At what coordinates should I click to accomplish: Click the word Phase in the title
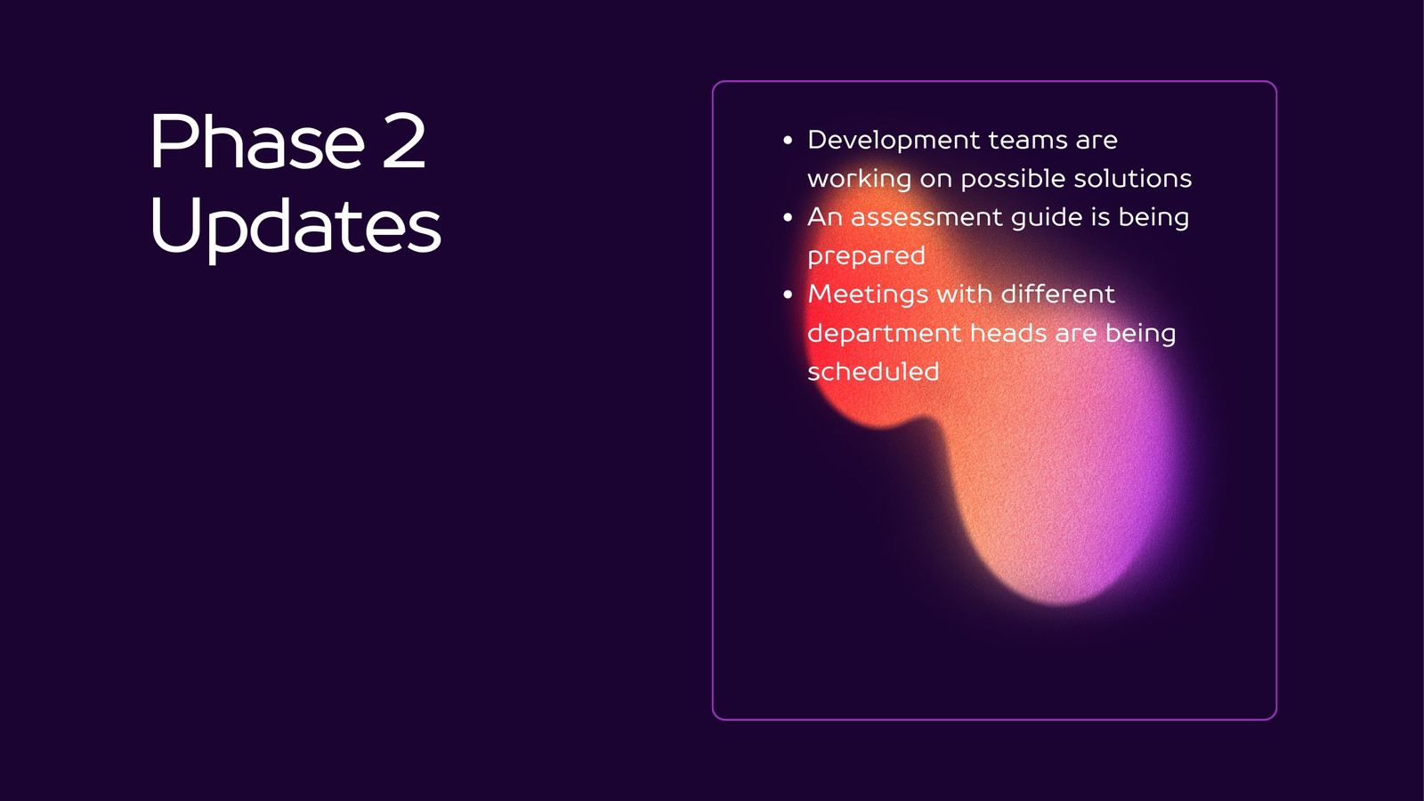[257, 141]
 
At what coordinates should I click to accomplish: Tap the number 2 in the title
[404, 141]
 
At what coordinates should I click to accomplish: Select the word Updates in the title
[295, 229]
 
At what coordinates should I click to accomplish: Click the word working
[859, 179]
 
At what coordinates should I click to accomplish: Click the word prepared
[866, 257]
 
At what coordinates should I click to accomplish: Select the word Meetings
[867, 295]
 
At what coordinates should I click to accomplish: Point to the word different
[1058, 294]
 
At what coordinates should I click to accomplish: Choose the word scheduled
[873, 371]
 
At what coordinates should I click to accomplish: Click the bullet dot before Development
[788, 141]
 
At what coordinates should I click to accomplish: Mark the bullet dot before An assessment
[788, 217]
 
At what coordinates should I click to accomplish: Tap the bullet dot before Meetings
[788, 295]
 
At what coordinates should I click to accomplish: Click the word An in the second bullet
[824, 217]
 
